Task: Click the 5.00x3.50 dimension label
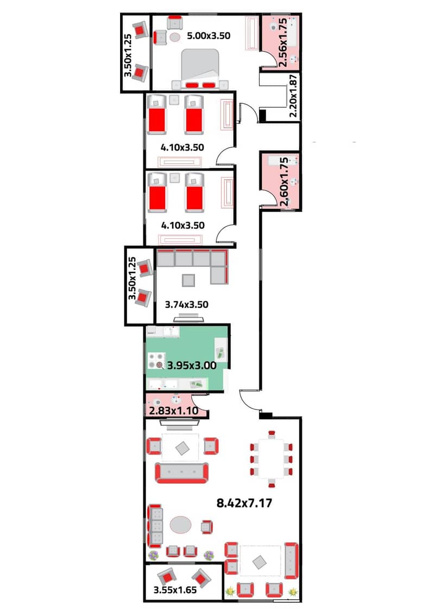pos(209,36)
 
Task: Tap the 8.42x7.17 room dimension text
pos(244,503)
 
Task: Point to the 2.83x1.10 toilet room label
pos(173,411)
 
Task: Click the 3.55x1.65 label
pos(175,589)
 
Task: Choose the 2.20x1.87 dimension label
pos(293,96)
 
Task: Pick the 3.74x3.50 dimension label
pos(186,305)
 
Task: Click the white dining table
pos(271,458)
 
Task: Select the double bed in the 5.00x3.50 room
pos(200,69)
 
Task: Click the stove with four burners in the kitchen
pos(156,361)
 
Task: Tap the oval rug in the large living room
pos(180,525)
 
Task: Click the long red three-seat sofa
pos(182,473)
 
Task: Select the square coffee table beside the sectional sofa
pos(188,280)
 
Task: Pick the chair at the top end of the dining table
pos(272,434)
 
